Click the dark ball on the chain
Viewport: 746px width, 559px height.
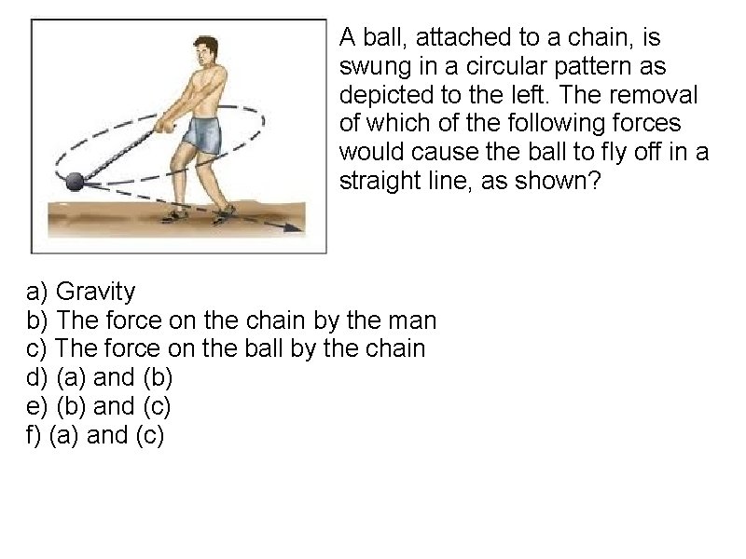tap(75, 182)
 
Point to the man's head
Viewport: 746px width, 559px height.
tap(206, 51)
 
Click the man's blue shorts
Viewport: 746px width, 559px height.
tap(202, 135)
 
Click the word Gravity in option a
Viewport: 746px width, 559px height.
tap(96, 292)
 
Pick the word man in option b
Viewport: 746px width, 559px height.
tap(412, 320)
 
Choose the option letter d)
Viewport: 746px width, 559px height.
tap(36, 377)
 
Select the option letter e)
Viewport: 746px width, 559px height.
tap(36, 407)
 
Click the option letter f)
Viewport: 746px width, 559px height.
tap(34, 435)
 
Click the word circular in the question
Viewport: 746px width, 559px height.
tap(505, 66)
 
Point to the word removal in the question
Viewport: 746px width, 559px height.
tap(654, 95)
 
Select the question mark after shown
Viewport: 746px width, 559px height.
tap(595, 181)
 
